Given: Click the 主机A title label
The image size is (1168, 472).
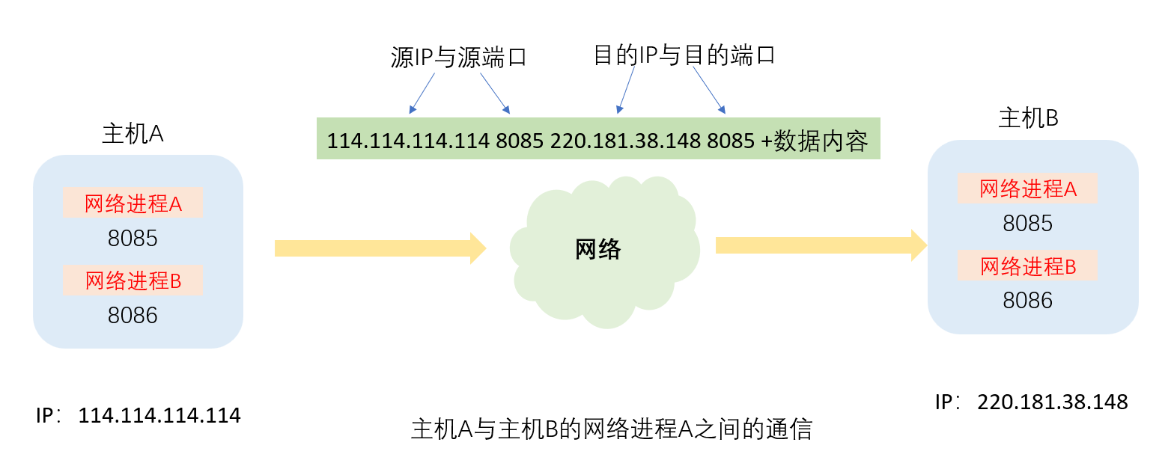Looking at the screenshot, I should pos(133,133).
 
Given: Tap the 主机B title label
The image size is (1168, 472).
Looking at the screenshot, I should pos(1028,118).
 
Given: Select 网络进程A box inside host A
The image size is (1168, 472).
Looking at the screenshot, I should pos(133,203).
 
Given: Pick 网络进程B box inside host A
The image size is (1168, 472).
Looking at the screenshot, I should pos(133,281).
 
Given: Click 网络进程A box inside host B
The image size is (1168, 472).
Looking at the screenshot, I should pos(1027,189).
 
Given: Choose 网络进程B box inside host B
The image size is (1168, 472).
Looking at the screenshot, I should pos(1027,266).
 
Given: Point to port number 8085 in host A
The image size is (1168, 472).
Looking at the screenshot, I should pos(133,239).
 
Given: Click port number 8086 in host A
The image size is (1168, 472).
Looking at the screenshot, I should pos(133,316).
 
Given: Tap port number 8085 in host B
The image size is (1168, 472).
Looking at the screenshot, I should pos(1027,224).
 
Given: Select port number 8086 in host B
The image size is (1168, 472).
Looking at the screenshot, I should pos(1027,301).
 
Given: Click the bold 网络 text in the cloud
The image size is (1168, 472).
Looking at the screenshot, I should pos(597,249).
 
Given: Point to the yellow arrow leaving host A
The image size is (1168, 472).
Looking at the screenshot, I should pos(380,248).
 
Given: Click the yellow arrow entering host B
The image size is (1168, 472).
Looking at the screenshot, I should pos(821,245).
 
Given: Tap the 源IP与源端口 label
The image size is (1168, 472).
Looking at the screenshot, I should pos(458,58).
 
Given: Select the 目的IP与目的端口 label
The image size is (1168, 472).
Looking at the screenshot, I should pos(683,55).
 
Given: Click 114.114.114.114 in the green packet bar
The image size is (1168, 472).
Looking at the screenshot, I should pos(408,141).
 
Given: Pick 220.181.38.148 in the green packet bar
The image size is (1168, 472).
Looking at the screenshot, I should pos(626,141).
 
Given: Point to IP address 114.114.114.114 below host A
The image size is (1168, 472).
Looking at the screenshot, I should pos(159,416).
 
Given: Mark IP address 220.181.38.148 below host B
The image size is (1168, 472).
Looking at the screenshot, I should pos(1052,402).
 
